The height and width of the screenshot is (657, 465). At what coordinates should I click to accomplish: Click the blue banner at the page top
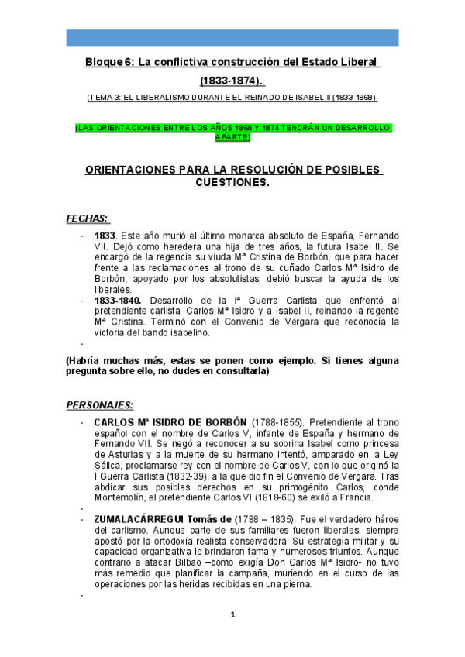point(232,38)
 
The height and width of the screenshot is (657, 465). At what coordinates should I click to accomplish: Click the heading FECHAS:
point(87,218)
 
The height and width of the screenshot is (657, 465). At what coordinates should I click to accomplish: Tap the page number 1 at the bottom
point(232,614)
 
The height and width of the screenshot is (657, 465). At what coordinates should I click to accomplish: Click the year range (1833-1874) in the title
point(232,81)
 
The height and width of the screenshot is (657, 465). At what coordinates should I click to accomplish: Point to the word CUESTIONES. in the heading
point(232,183)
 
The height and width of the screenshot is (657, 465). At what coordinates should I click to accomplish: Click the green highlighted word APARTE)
point(232,136)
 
